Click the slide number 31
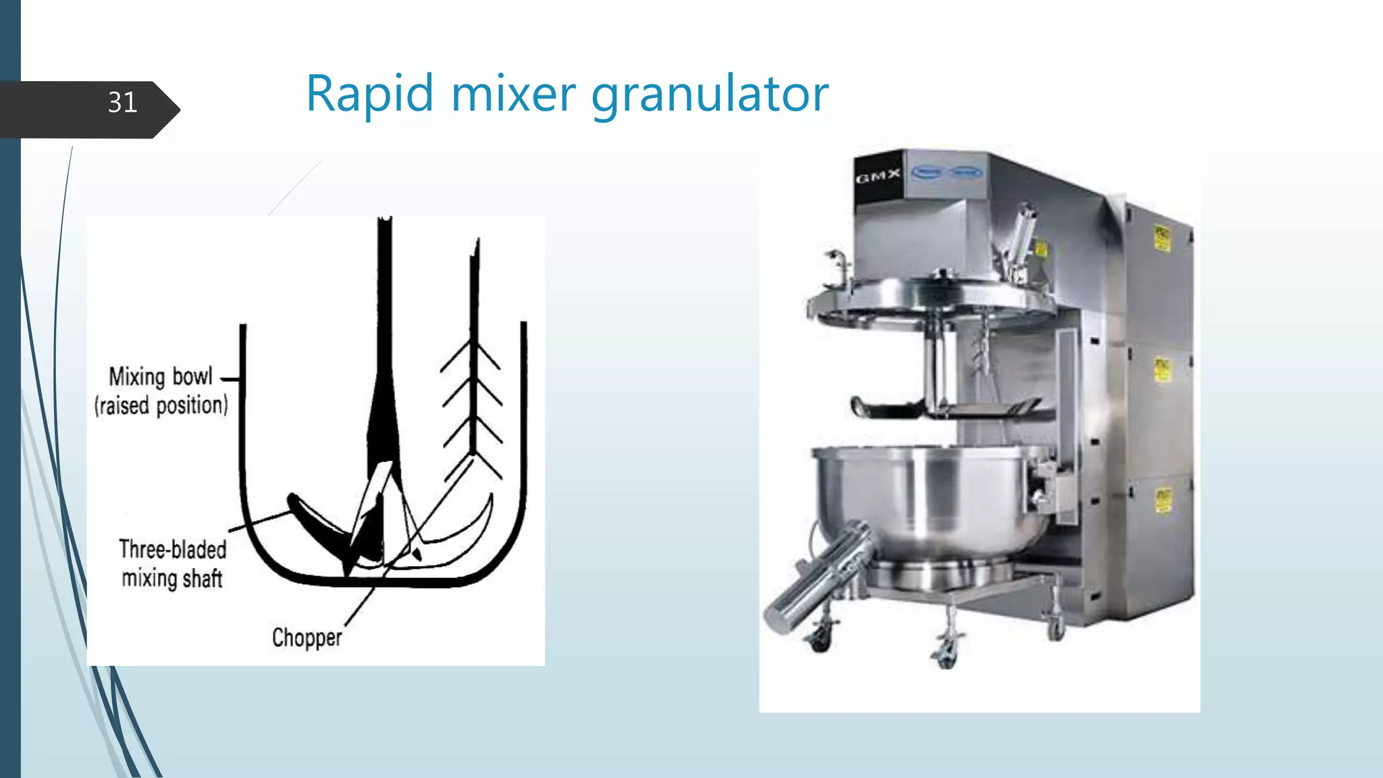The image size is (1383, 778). pyautogui.click(x=122, y=103)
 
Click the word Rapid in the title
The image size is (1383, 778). pyautogui.click(x=369, y=94)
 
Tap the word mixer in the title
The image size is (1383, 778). pyautogui.click(x=513, y=94)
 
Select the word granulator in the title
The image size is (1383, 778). pyautogui.click(x=710, y=95)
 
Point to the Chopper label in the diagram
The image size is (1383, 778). pyautogui.click(x=307, y=638)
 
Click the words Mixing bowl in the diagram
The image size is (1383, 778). pyautogui.click(x=161, y=377)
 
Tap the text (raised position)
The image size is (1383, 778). pyautogui.click(x=161, y=406)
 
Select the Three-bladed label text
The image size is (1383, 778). pyautogui.click(x=173, y=550)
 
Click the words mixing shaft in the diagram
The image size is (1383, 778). pyautogui.click(x=172, y=579)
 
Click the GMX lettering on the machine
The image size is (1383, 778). pyautogui.click(x=878, y=178)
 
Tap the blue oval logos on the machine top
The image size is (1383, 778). pyautogui.click(x=947, y=173)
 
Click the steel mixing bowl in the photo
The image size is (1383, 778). pyautogui.click(x=925, y=500)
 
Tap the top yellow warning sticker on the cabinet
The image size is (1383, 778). pyautogui.click(x=1162, y=238)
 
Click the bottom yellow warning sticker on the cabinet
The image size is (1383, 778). pyautogui.click(x=1162, y=501)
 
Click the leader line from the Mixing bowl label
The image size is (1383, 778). pyautogui.click(x=230, y=380)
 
